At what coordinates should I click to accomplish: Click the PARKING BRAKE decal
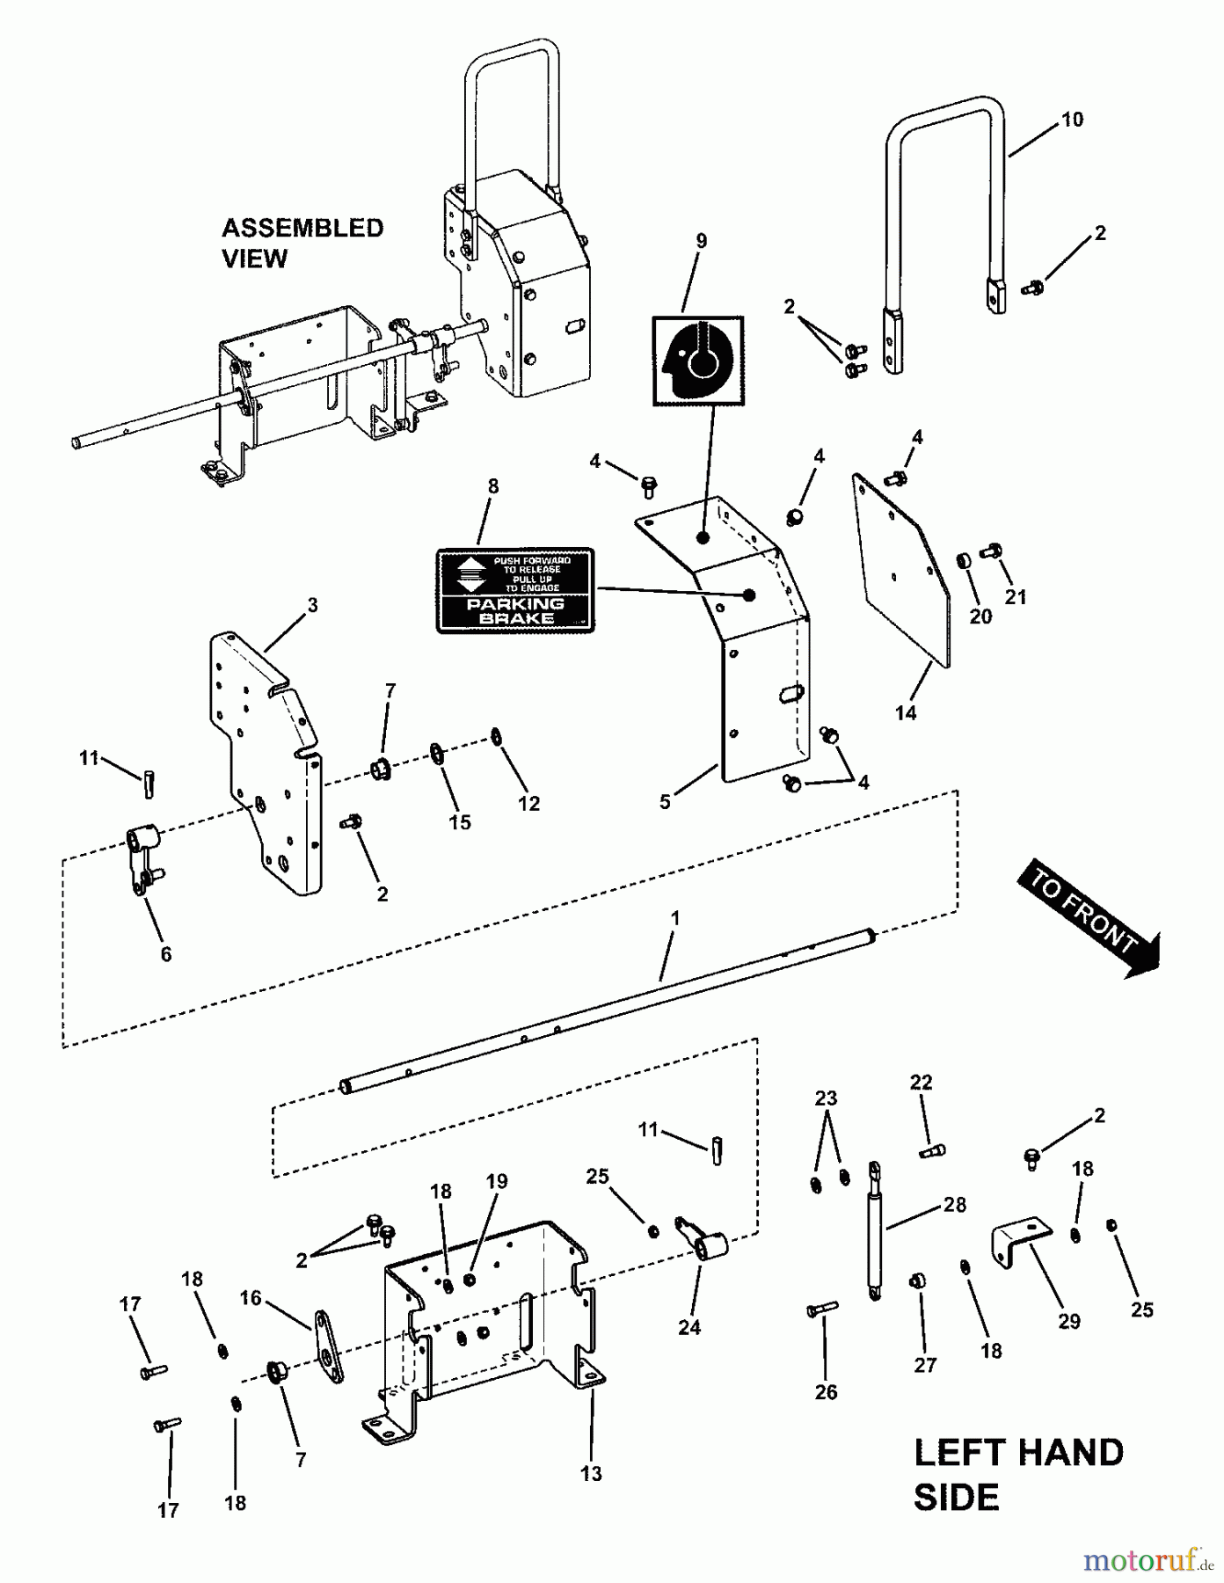pyautogui.click(x=515, y=590)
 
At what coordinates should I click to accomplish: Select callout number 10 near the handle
pyautogui.click(x=1072, y=120)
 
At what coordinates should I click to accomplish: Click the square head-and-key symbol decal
pyautogui.click(x=698, y=361)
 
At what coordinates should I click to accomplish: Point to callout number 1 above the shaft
pyautogui.click(x=674, y=917)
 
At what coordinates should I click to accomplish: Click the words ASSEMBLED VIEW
pyautogui.click(x=302, y=243)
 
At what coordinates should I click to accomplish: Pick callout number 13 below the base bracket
pyautogui.click(x=591, y=1473)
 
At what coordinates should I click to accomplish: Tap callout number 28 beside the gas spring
pyautogui.click(x=955, y=1204)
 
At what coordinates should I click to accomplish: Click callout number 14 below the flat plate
pyautogui.click(x=906, y=712)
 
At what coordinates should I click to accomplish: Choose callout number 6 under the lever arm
pyautogui.click(x=165, y=954)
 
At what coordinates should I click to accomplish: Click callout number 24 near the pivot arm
pyautogui.click(x=688, y=1327)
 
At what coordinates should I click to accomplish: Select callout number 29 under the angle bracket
pyautogui.click(x=1068, y=1321)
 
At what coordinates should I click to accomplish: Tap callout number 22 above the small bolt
pyautogui.click(x=921, y=1083)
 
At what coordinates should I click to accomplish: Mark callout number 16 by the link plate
pyautogui.click(x=251, y=1298)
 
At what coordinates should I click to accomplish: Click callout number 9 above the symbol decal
pyautogui.click(x=701, y=241)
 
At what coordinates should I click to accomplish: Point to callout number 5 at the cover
pyautogui.click(x=665, y=802)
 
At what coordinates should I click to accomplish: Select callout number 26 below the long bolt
pyautogui.click(x=826, y=1392)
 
